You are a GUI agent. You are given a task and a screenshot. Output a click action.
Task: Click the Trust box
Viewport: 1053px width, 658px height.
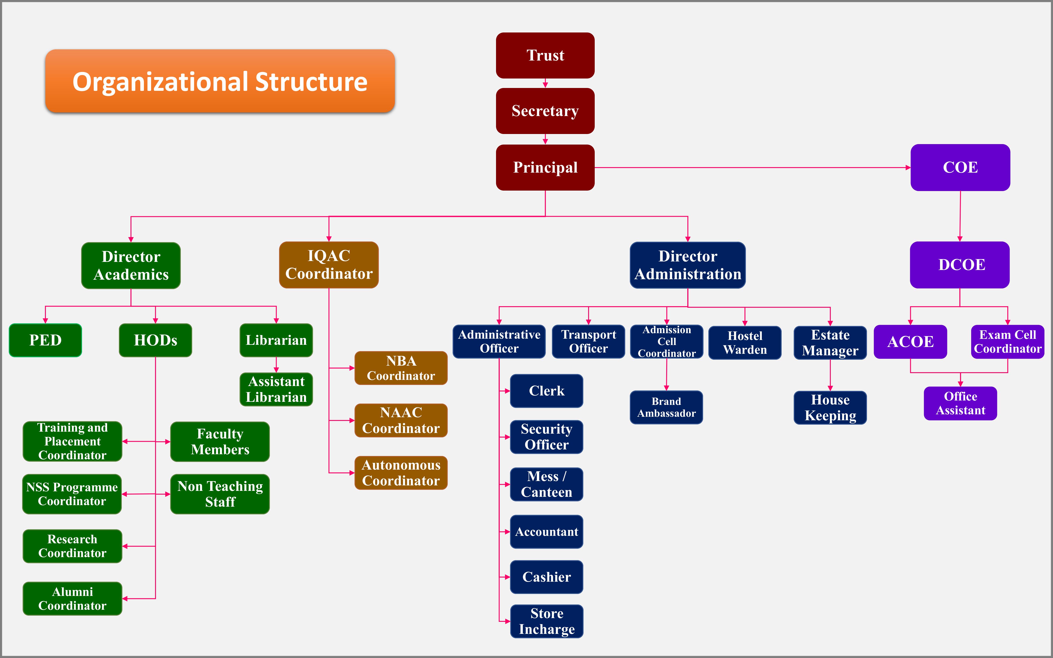(x=545, y=55)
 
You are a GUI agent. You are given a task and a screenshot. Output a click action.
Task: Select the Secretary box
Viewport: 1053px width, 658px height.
(x=545, y=111)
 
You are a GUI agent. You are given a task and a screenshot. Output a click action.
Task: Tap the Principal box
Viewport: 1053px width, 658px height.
(x=545, y=168)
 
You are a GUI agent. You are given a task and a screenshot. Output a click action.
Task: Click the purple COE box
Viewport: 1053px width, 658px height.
(x=960, y=168)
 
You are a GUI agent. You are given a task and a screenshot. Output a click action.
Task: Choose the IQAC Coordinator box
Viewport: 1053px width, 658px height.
(x=329, y=265)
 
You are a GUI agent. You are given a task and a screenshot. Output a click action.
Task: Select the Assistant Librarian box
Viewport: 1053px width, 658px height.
(x=276, y=390)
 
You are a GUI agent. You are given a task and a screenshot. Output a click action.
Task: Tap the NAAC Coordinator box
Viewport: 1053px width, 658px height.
(x=401, y=420)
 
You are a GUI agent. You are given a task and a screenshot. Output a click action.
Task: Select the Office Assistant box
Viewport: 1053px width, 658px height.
(x=960, y=403)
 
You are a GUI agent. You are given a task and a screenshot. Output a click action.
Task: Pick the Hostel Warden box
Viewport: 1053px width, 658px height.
(x=745, y=343)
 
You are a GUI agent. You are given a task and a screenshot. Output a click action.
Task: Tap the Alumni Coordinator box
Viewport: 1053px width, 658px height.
(x=72, y=599)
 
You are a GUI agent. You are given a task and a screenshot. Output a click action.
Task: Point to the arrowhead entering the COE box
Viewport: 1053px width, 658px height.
(x=908, y=168)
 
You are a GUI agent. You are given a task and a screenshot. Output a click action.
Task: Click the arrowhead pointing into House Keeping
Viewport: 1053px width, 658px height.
(x=830, y=388)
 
